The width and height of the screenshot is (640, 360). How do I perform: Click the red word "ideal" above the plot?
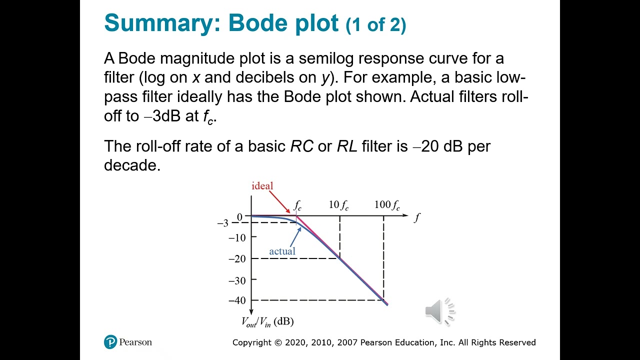coord(262,186)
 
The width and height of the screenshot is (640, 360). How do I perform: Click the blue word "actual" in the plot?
coord(282,251)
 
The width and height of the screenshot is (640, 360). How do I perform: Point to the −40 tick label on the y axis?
coord(237,300)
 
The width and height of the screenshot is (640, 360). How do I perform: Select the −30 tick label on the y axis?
coord(237,280)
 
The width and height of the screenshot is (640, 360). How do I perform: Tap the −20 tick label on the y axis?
coord(237,259)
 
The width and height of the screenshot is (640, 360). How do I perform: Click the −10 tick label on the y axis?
coord(237,238)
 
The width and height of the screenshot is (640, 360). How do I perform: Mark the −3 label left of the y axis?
coord(222,223)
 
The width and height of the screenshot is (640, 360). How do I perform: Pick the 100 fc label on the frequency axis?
coord(387,205)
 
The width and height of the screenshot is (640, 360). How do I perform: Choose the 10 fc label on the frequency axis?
coord(338,205)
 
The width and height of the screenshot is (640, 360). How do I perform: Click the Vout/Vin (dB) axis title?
coord(267,322)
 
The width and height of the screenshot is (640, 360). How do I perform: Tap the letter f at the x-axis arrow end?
coord(417,217)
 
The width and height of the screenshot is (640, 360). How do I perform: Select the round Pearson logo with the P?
coord(110,342)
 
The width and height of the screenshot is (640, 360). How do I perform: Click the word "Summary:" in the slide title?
coord(161,23)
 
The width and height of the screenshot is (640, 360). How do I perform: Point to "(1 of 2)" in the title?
coord(375,25)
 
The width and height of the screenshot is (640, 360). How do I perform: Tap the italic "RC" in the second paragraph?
coord(302,146)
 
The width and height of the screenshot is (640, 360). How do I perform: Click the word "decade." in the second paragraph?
coord(132,165)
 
